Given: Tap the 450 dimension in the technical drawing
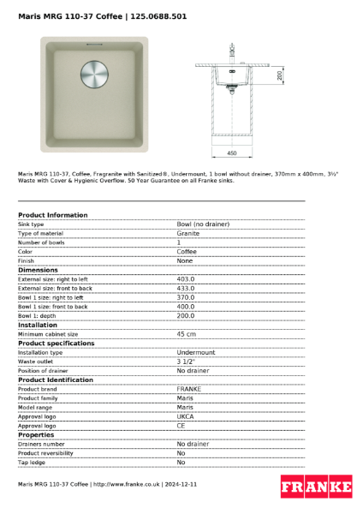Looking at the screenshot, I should click(232, 152).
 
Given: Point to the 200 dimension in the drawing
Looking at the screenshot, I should click(280, 76).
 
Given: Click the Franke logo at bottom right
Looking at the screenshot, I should click(316, 487).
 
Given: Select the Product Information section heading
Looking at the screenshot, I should click(52, 215).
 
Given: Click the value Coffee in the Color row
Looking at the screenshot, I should click(187, 252).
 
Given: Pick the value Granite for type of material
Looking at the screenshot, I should click(188, 233).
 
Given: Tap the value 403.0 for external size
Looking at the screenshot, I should click(186, 279).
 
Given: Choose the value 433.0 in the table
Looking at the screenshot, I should click(186, 289).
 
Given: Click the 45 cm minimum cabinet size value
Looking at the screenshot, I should click(186, 334).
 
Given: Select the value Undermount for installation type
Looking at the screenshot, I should click(196, 352).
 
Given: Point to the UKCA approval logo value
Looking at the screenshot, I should click(186, 416).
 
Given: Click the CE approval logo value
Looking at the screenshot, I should click(181, 425).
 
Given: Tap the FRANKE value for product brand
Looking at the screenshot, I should click(188, 389).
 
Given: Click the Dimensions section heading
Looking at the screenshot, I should click(38, 270).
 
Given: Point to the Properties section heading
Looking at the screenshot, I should click(37, 434).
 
